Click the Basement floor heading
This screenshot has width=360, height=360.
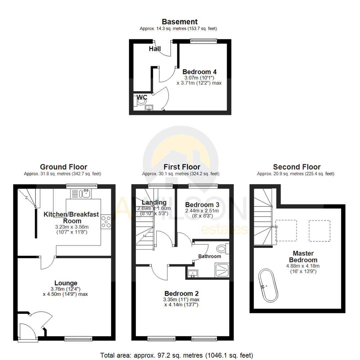(x=180, y=22)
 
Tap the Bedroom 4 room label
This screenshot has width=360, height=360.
(x=200, y=72)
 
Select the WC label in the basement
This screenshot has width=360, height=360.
(x=142, y=97)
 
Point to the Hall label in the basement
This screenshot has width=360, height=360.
(x=155, y=49)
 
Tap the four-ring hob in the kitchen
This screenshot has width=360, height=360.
(x=106, y=222)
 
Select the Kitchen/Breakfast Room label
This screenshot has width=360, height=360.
(x=71, y=217)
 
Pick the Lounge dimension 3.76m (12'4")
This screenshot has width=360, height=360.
(x=65, y=289)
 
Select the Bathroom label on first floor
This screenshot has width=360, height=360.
(x=210, y=256)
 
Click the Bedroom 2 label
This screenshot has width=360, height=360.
(x=181, y=294)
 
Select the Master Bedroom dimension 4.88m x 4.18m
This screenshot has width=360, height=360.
(x=303, y=266)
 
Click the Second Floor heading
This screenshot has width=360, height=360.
(x=296, y=167)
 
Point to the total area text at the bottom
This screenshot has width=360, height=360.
(x=177, y=355)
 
